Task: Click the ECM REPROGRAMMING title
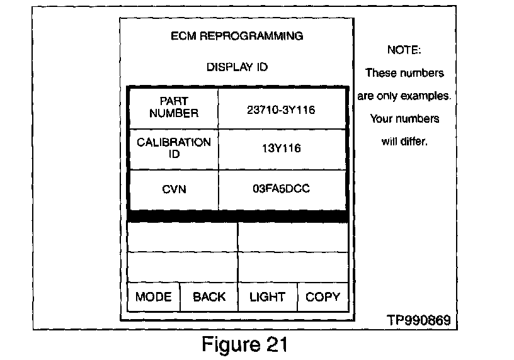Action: [x=237, y=36]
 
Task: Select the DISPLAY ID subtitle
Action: [x=237, y=67]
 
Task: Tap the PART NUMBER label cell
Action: [x=174, y=108]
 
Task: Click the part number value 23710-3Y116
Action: [x=281, y=110]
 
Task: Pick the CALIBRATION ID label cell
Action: [x=174, y=149]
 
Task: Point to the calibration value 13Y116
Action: [x=281, y=149]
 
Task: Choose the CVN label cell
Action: [x=174, y=189]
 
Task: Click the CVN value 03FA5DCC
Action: [x=281, y=189]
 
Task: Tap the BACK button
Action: [x=209, y=297]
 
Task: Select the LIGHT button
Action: [x=267, y=297]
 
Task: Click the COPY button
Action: [x=323, y=297]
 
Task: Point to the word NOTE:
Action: [x=404, y=50]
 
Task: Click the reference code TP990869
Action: [x=419, y=320]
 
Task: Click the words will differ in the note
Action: [x=404, y=142]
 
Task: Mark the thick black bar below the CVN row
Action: [x=237, y=216]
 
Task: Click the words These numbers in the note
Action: [x=404, y=73]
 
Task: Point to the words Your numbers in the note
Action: [x=404, y=119]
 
